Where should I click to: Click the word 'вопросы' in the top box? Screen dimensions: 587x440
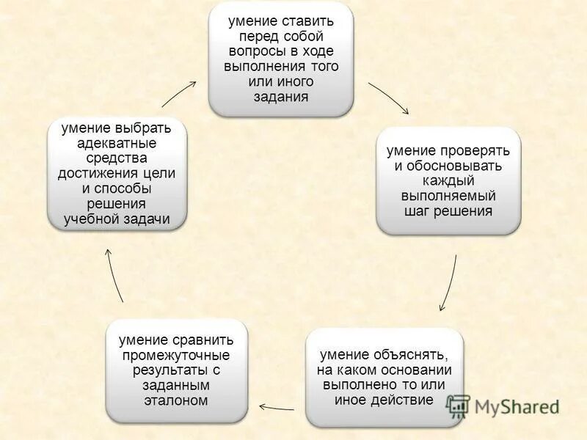252,51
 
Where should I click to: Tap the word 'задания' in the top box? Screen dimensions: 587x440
281,96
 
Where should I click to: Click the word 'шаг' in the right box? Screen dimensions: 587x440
417,211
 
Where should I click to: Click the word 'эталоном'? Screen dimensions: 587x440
177,400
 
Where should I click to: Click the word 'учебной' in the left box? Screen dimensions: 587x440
91,219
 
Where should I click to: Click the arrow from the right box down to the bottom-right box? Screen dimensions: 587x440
449,283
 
